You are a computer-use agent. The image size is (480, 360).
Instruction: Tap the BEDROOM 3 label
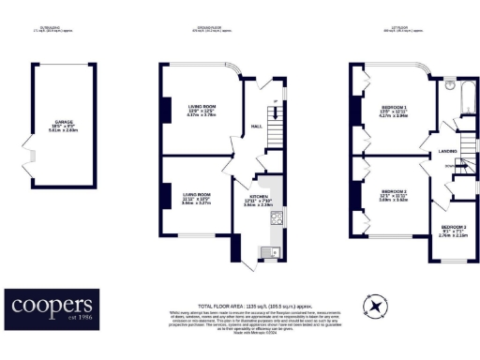click(455, 226)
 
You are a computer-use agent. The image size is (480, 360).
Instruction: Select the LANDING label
click(444, 150)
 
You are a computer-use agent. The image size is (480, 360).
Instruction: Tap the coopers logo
click(52, 307)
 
